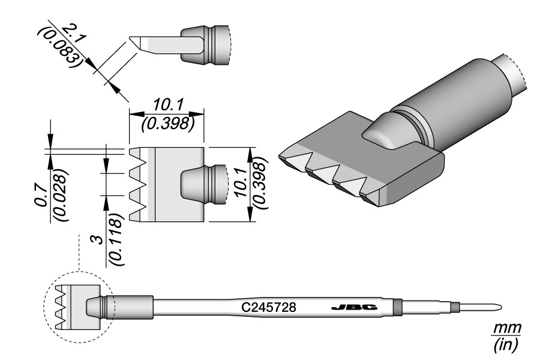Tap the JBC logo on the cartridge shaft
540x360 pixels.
click(x=354, y=308)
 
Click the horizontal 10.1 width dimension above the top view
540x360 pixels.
click(x=167, y=104)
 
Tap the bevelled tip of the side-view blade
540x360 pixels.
click(x=134, y=43)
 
